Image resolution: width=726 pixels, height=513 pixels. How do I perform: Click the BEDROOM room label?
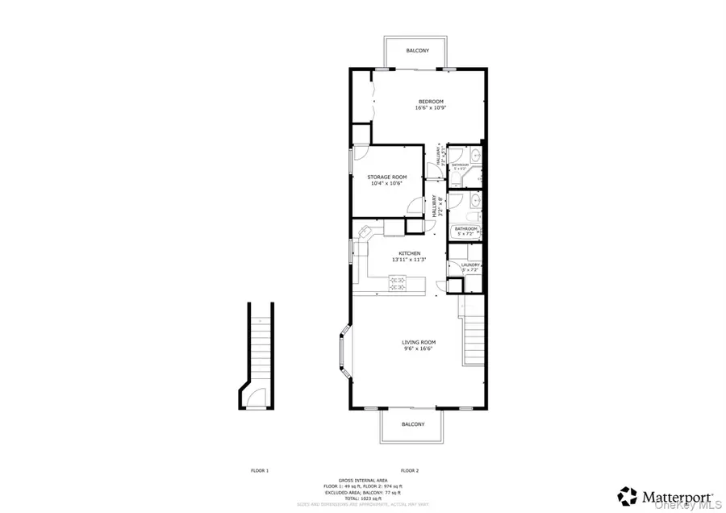tap(430, 101)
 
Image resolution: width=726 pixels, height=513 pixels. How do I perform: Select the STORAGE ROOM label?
tap(387, 177)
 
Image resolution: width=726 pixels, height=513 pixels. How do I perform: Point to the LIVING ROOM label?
tap(419, 343)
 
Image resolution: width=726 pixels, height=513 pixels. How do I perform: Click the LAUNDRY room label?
tap(471, 265)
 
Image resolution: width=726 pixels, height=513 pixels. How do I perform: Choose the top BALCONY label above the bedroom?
tap(417, 51)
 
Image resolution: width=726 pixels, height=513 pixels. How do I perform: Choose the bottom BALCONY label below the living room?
tap(413, 424)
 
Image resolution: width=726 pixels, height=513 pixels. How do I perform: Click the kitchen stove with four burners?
tap(398, 282)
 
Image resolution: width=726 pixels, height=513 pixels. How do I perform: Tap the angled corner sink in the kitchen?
tap(364, 233)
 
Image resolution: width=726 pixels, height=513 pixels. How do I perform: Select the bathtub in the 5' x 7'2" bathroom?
tap(466, 219)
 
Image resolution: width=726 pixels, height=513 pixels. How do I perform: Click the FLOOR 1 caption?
tap(258, 470)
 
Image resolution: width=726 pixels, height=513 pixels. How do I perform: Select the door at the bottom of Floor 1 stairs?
tap(256, 397)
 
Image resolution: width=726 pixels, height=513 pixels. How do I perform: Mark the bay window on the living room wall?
tap(344, 352)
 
